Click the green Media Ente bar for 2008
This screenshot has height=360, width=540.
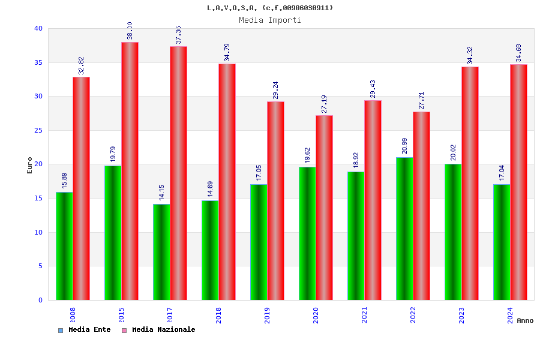coord(64,246)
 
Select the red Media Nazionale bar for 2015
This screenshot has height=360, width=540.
coord(130,171)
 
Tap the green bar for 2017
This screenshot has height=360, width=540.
coord(161,252)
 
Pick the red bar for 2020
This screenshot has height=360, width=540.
coord(324,208)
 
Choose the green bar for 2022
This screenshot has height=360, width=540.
coord(404,229)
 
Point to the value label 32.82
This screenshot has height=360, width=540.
coord(82,65)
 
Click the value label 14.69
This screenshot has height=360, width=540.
coord(211,189)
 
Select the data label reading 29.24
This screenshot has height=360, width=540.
coord(276,90)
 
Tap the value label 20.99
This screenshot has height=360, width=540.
coord(405,146)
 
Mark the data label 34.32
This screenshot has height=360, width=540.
coord(470,55)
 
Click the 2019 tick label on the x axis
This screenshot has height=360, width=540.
coord(267,316)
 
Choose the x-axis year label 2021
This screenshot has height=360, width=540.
coord(364,316)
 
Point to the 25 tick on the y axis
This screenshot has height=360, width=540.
coord(38,130)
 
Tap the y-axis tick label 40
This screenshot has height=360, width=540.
coord(38,28)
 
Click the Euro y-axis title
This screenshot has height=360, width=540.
coord(30,165)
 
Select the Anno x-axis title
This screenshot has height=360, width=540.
coord(525,320)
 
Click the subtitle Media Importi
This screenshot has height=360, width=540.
coord(270,20)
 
